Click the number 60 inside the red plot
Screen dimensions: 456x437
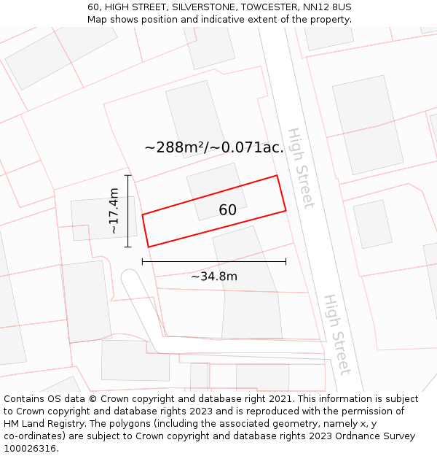pos(227,210)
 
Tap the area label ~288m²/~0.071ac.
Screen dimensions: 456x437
pos(214,147)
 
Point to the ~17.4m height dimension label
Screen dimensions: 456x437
pos(114,211)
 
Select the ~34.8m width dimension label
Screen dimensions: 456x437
pos(214,277)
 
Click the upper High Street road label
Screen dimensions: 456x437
pos(299,168)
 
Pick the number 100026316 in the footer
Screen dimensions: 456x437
pos(29,449)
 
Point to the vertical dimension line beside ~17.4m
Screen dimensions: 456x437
pos(128,211)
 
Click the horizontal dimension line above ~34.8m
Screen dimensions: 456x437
pos(214,261)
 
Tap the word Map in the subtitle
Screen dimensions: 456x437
pos(98,19)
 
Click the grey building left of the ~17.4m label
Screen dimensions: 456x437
pos(94,218)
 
